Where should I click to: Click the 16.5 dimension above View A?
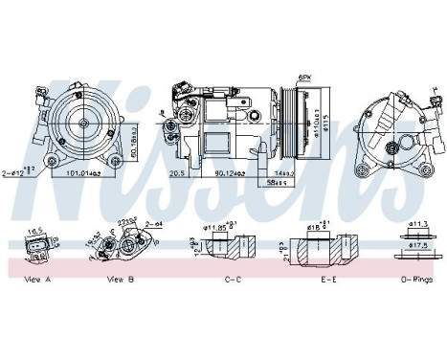click(34, 231)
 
